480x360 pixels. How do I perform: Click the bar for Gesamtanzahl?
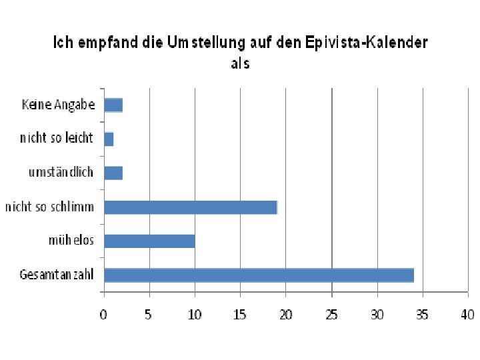coord(259,275)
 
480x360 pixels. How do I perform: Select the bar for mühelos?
coord(149,241)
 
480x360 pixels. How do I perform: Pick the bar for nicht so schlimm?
coord(191,207)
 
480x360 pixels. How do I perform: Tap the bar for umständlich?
coord(113,173)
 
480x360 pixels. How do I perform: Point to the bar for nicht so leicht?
coord(109,139)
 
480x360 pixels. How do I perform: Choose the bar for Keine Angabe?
coord(113,105)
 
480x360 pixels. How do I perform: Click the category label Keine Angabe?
coord(59,105)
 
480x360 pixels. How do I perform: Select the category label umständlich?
coord(61,173)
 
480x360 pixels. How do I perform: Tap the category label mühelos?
coord(71,241)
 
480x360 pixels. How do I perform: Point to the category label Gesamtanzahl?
coord(57,275)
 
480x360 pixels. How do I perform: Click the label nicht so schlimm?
coord(50,207)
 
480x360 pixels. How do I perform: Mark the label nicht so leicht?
coord(57,139)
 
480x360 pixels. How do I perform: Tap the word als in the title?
coord(240,63)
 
